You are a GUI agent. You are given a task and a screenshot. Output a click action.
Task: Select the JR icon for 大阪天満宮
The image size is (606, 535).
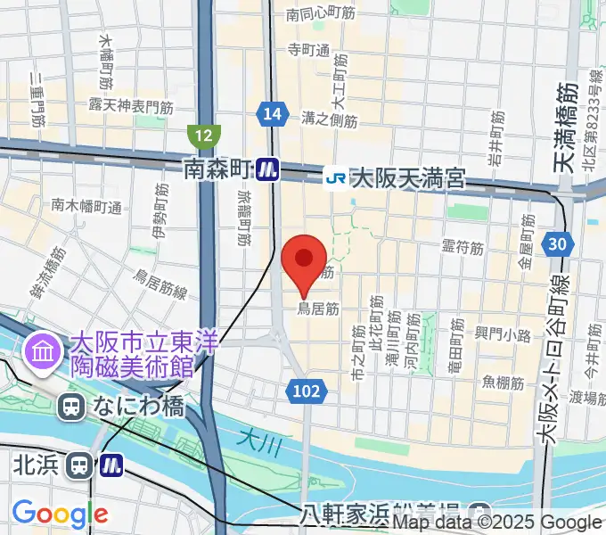coord(336,177)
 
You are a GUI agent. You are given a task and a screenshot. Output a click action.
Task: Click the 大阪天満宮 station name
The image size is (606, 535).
coord(407,178)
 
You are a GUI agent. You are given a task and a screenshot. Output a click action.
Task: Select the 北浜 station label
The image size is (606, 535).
coord(39,465)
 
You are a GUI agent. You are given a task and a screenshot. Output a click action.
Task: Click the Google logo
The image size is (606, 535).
coord(60,514)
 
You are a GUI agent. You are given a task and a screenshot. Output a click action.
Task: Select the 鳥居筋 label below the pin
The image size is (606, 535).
coord(318,309)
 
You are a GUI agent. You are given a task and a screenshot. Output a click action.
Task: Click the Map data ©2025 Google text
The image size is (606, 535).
coord(497,523)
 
